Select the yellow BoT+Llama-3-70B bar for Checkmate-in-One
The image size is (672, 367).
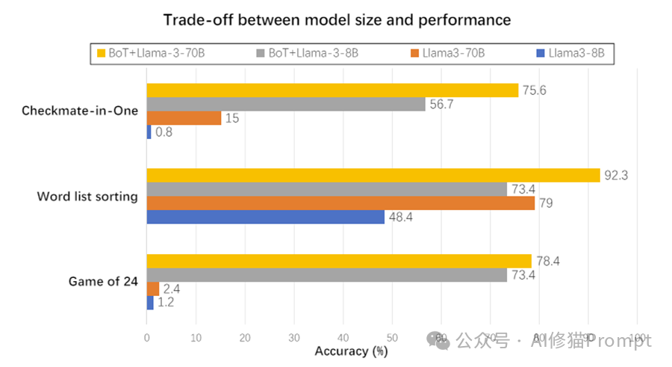(x=332, y=90)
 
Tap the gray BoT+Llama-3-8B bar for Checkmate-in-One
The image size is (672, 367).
(x=286, y=104)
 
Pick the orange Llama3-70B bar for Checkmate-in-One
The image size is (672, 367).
(x=184, y=118)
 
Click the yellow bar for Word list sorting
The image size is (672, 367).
(x=373, y=175)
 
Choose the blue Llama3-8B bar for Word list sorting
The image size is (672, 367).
(x=265, y=217)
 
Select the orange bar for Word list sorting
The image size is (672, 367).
(x=340, y=203)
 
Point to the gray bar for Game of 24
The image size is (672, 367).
(x=326, y=274)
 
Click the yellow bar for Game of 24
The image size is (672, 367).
(x=339, y=261)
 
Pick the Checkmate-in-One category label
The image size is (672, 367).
(x=80, y=111)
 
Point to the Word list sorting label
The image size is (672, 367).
(x=87, y=197)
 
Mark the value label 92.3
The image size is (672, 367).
(x=616, y=176)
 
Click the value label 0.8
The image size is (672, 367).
(x=164, y=133)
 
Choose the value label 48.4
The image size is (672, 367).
(x=401, y=218)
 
